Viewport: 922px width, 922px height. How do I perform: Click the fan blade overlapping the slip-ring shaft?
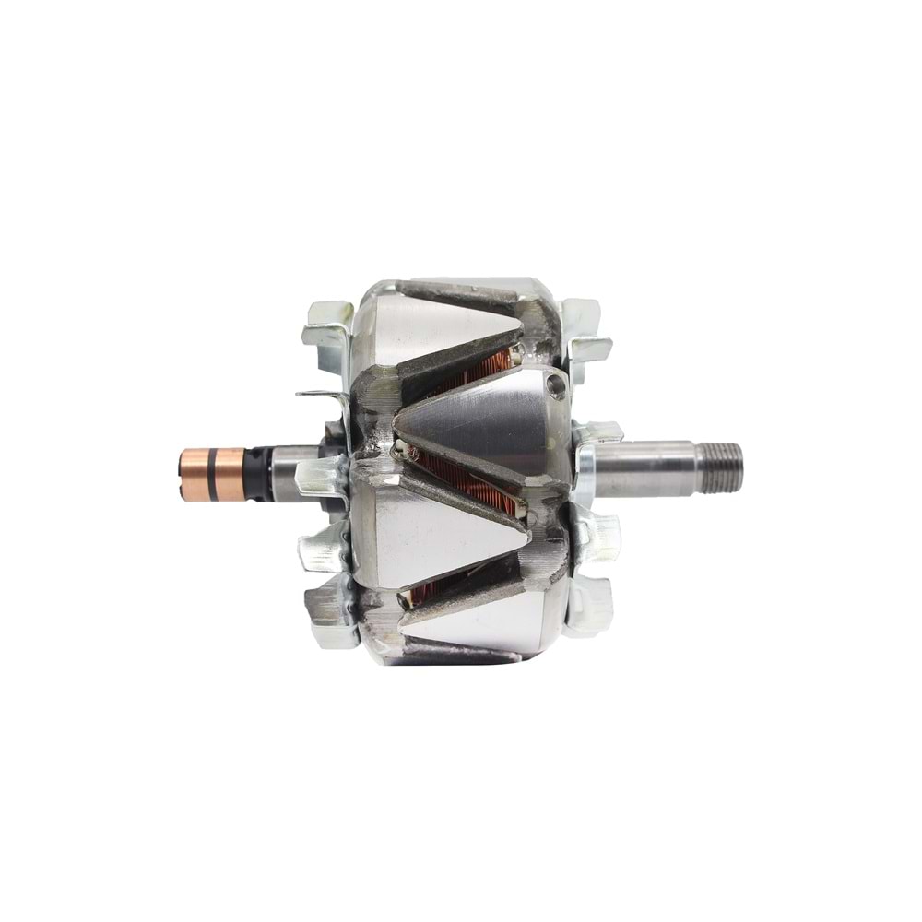[318, 475]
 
